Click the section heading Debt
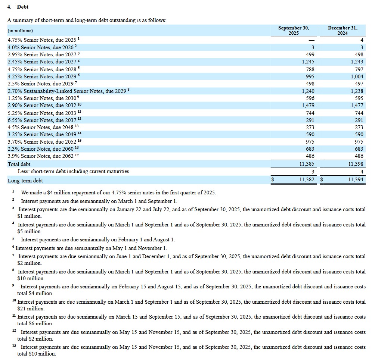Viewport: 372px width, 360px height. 22,7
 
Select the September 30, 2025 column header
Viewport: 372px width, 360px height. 294,30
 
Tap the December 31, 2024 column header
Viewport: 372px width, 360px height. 342,30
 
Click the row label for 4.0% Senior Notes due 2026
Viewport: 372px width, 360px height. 40,47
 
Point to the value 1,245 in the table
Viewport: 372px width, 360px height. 308,62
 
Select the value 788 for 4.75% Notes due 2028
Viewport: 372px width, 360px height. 310,69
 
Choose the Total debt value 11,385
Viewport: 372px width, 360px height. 307,164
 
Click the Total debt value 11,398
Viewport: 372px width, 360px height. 355,164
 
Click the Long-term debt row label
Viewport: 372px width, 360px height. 25,181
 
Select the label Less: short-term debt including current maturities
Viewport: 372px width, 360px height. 73,172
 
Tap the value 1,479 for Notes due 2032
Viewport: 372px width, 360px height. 308,106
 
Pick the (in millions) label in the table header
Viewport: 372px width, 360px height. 20,31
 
